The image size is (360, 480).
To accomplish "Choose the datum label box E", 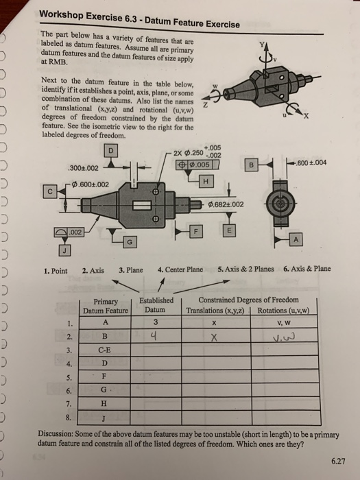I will point(229,232).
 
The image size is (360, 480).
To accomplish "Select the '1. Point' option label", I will point(53,269).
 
